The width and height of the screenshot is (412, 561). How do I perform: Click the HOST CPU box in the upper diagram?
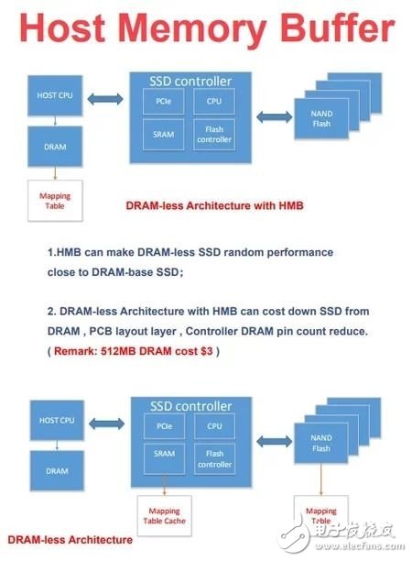[53, 95]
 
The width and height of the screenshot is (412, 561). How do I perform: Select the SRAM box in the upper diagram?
[164, 134]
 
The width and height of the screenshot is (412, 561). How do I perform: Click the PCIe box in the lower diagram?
[164, 425]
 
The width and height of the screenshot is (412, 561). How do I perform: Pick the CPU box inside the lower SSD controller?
[213, 425]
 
